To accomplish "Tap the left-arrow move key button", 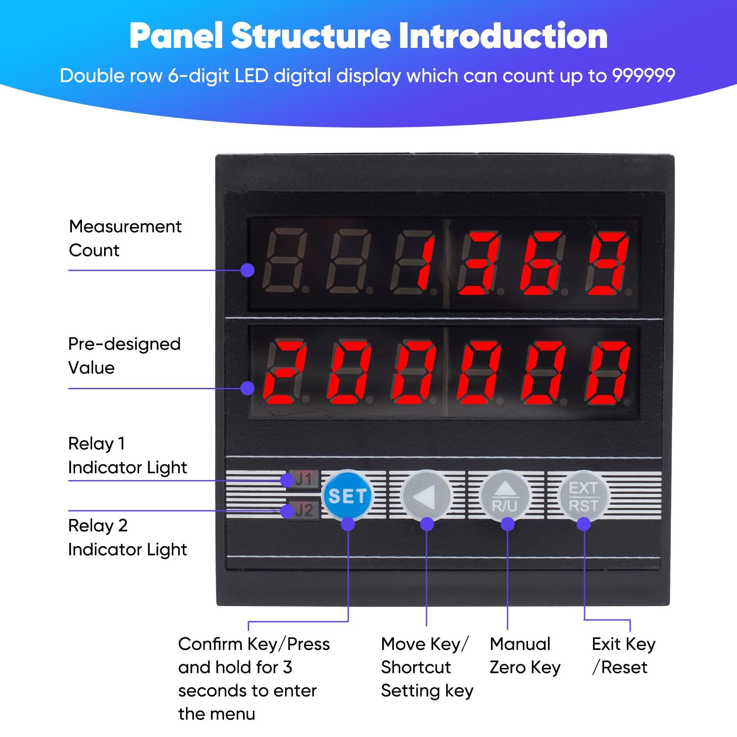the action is [427, 496].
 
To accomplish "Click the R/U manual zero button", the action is [505, 496].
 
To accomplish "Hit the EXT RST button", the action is [583, 496].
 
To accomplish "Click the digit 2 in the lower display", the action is [286, 373].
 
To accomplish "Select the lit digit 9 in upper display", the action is [608, 264].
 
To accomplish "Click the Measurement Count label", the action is [125, 238].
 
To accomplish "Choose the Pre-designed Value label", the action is [124, 356].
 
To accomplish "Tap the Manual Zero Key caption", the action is [525, 655].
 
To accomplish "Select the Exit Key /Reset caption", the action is [624, 655].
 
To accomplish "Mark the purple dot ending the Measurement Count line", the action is [247, 270].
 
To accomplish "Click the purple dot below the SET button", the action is [348, 524].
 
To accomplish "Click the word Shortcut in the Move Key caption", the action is [416, 667].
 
